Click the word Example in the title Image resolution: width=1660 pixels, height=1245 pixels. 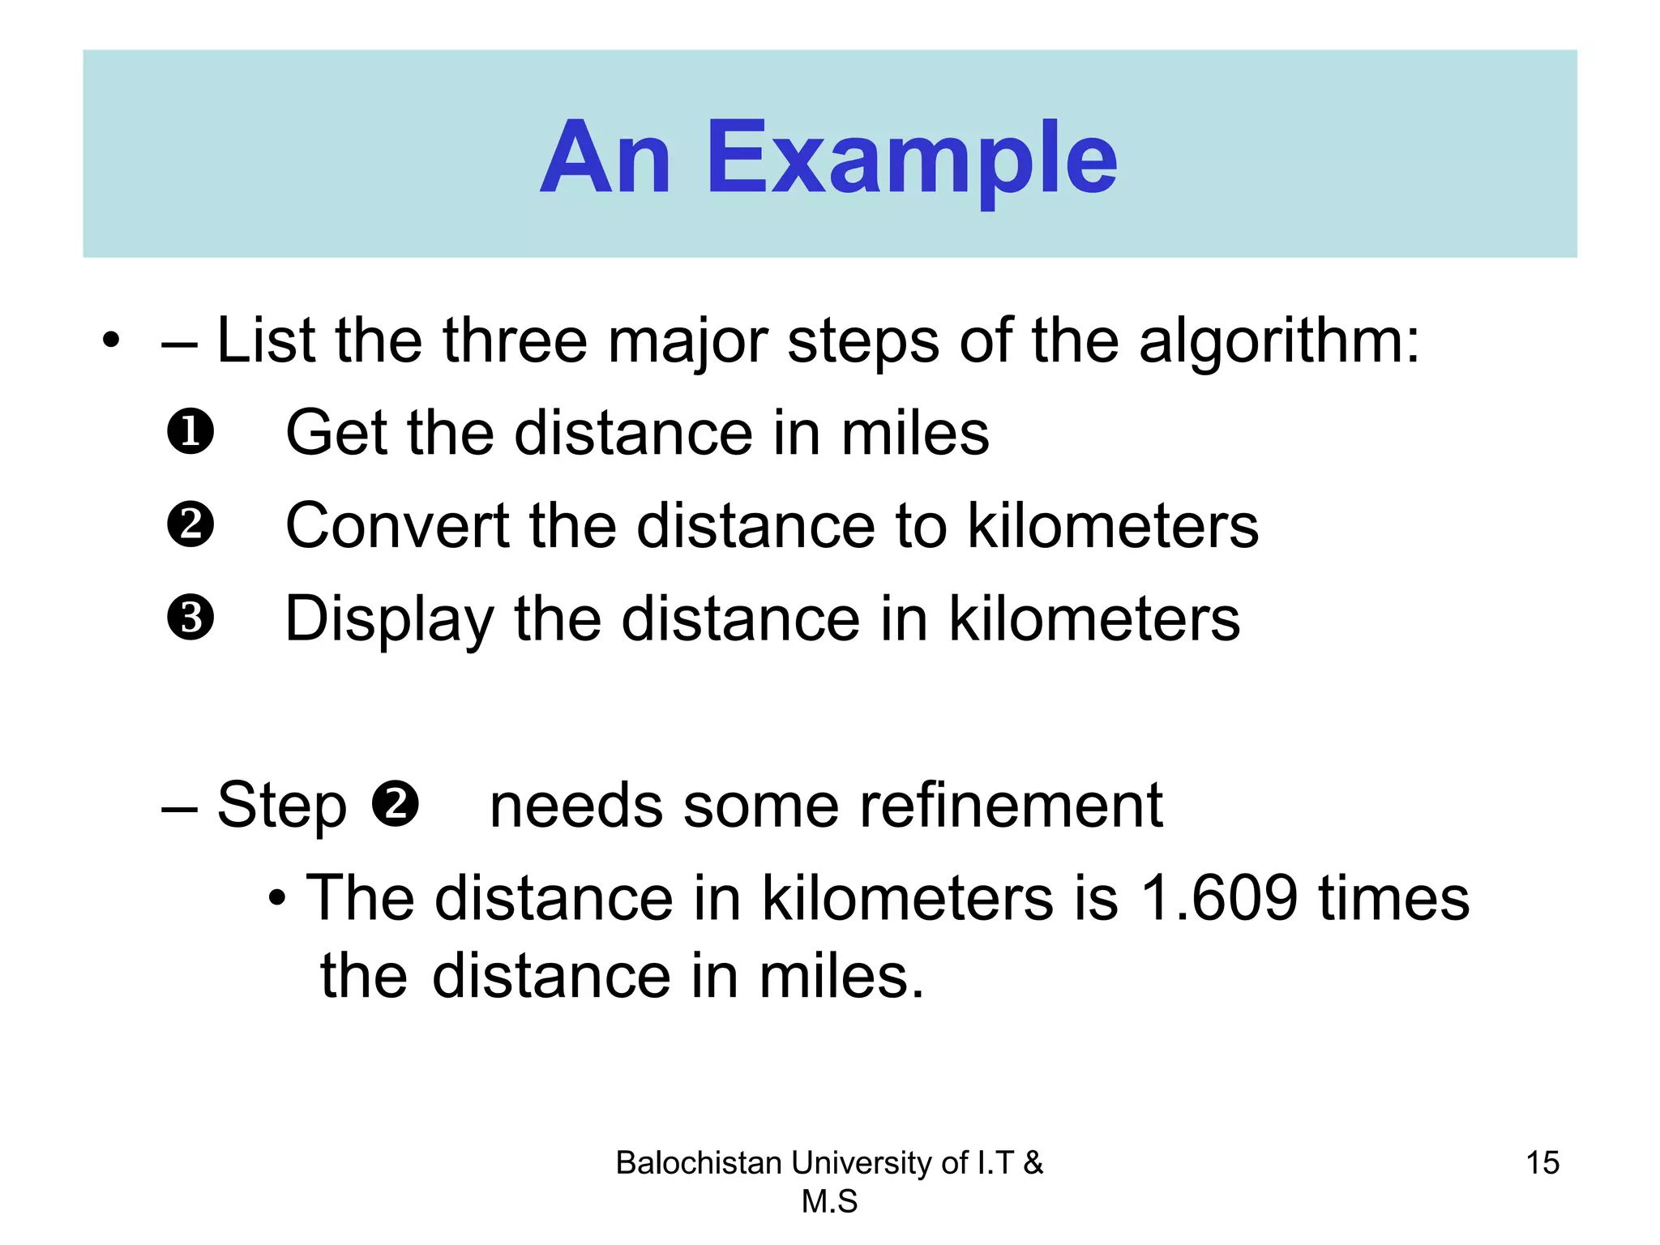pos(912,159)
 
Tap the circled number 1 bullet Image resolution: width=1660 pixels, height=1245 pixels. pos(190,431)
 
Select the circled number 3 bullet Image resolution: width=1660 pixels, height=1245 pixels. pos(190,618)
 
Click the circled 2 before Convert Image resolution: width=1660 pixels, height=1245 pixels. pos(190,524)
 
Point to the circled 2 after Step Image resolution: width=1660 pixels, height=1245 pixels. pos(395,804)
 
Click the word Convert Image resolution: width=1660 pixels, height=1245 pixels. pos(397,525)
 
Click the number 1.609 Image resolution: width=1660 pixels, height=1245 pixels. pos(1218,898)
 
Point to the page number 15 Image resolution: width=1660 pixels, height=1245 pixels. pos(1542,1162)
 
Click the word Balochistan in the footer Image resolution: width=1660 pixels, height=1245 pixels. pos(699,1163)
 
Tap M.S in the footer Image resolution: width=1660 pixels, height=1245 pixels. pos(829,1201)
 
